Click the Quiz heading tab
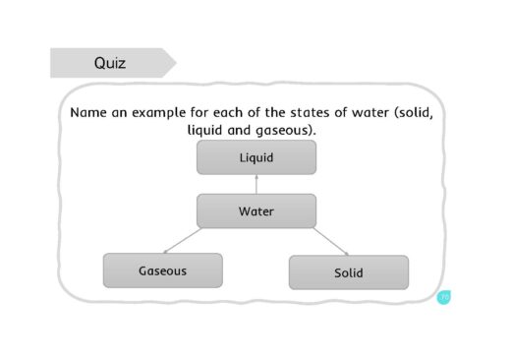110,64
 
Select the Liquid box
255,157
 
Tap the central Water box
255,211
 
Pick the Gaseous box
162,270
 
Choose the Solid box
348,272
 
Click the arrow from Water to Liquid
255,184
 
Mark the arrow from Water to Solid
329,242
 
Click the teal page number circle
444,296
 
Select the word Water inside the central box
255,211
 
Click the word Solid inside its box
348,272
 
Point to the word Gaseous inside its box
162,270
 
